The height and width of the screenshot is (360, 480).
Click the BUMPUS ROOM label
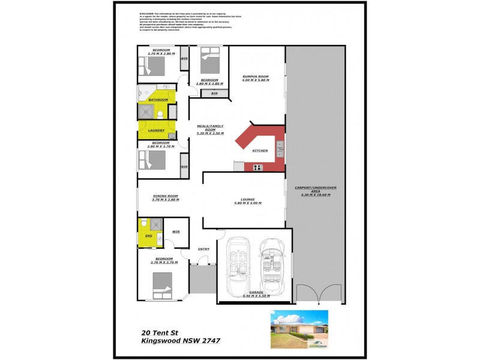click(x=255, y=76)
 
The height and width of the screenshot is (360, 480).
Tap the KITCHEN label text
click(x=260, y=151)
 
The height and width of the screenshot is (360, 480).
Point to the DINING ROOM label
click(x=165, y=196)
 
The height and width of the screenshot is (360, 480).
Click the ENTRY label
click(x=203, y=249)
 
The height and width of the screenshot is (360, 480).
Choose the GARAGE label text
click(x=256, y=292)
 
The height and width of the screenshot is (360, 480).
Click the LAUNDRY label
click(x=156, y=130)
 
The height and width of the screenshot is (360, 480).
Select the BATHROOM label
click(x=158, y=100)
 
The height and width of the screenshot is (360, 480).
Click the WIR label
click(x=176, y=231)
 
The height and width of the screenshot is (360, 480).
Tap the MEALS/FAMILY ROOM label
click(x=210, y=128)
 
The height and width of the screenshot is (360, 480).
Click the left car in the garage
click(x=238, y=264)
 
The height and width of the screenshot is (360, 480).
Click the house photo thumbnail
click(x=299, y=329)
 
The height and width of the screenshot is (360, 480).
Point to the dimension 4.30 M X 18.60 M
click(x=315, y=196)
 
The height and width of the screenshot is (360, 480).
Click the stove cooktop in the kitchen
click(x=259, y=167)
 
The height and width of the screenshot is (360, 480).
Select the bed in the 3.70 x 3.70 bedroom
click(x=163, y=284)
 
